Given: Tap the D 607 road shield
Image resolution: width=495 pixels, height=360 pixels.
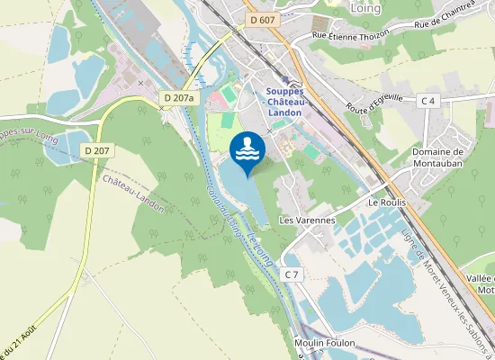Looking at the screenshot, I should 262,20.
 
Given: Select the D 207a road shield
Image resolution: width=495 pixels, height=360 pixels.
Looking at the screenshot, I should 179,96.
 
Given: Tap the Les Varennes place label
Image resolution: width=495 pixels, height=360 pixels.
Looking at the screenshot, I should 307,220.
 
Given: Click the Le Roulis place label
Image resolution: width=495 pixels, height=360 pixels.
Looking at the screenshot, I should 387,203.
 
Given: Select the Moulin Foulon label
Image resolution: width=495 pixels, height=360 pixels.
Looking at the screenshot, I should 325,344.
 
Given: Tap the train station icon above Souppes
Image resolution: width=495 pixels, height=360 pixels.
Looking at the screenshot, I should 285,79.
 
